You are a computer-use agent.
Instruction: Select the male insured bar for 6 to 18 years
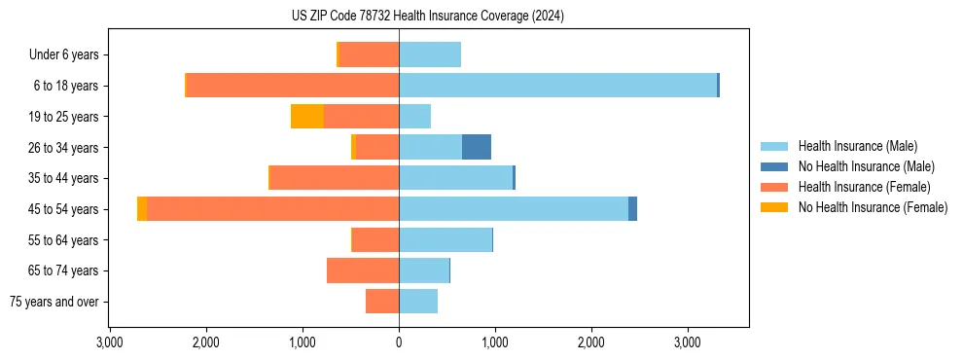click(x=557, y=86)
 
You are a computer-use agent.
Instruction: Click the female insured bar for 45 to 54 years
click(x=272, y=209)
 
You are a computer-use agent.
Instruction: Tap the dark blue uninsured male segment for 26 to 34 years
click(x=476, y=147)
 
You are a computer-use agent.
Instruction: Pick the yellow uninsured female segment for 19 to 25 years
click(x=306, y=117)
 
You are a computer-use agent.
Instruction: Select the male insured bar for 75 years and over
click(x=418, y=302)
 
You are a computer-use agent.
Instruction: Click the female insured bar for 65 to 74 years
click(x=363, y=270)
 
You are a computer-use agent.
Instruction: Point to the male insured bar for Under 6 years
click(x=430, y=54)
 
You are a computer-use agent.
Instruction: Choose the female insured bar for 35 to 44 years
click(x=335, y=178)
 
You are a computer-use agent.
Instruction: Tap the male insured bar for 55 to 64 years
click(x=446, y=239)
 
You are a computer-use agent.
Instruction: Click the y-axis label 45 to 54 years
click(x=63, y=209)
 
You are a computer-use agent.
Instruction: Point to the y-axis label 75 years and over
click(x=54, y=302)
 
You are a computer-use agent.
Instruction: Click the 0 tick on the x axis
click(x=399, y=343)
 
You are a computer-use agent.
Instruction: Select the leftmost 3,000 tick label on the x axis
click(x=110, y=343)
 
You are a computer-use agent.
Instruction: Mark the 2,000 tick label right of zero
click(x=591, y=343)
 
